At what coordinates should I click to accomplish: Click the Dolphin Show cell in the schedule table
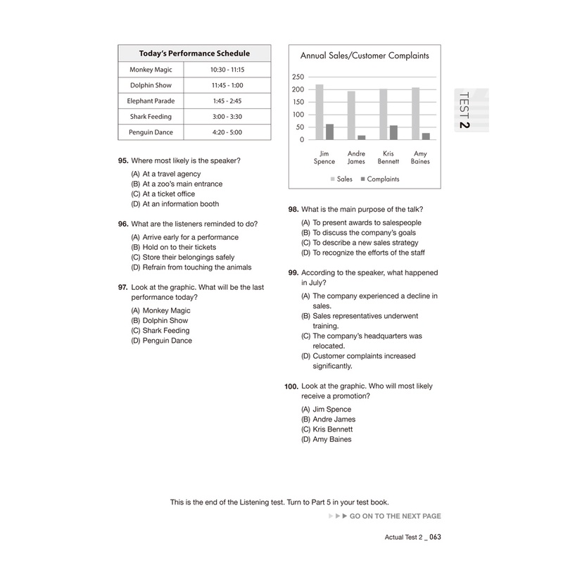point(151,85)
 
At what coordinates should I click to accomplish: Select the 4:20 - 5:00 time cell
point(227,132)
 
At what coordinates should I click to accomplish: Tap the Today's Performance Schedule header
point(194,53)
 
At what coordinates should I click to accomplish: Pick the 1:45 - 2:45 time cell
point(227,101)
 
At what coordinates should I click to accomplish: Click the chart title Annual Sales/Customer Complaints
point(365,55)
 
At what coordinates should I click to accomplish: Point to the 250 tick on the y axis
point(297,77)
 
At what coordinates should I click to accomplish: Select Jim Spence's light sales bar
point(320,112)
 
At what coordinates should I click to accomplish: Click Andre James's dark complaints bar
point(361,137)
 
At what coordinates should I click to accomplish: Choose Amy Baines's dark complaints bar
point(425,136)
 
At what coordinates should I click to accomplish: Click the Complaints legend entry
point(380,179)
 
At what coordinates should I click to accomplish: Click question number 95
point(124,161)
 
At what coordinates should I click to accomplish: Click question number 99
point(293,272)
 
